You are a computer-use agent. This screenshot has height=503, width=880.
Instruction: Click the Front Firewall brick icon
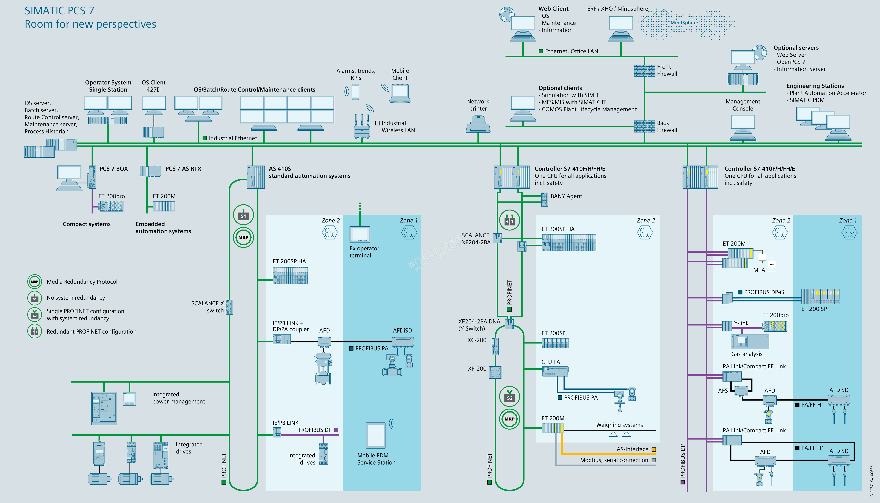point(644,70)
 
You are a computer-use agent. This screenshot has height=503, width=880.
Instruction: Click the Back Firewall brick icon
point(644,127)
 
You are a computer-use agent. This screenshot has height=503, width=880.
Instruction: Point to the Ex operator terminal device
point(360,235)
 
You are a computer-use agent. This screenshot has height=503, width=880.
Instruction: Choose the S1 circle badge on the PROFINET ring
point(244,215)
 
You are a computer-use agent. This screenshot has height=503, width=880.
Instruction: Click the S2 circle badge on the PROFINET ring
point(509,397)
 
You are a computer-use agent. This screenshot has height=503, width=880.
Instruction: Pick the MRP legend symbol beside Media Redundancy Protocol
point(35,282)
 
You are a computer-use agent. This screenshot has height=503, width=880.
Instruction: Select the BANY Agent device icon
point(544,199)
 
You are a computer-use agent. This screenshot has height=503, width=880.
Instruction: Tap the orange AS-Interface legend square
point(653,449)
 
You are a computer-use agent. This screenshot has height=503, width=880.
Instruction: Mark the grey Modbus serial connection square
point(653,460)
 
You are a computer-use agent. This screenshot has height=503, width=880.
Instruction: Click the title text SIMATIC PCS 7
point(59,11)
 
